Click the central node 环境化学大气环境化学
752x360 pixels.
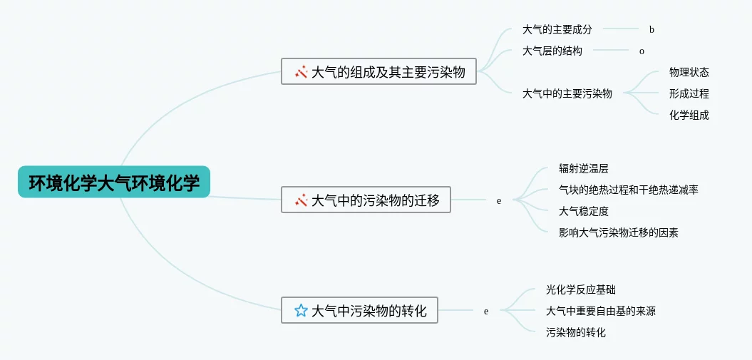coord(114,182)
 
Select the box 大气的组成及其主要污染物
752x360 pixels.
coord(378,71)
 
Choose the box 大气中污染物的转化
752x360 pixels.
coord(359,310)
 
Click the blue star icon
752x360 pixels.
coord(301,311)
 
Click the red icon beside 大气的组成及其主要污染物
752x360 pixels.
coord(301,72)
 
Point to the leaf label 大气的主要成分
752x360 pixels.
coord(557,30)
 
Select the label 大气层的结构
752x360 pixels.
coord(552,51)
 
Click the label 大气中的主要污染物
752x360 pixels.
coord(567,93)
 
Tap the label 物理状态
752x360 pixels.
coord(689,72)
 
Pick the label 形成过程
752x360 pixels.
coord(689,93)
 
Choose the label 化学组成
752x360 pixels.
coord(689,115)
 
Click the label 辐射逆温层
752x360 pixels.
coord(583,169)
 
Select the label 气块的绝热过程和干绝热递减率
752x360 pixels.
coord(628,190)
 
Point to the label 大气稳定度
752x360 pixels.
coord(583,211)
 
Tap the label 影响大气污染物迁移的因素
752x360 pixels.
coord(618,232)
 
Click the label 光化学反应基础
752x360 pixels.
coord(580,289)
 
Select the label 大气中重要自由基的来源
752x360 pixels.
coord(600,311)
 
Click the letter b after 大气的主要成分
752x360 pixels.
coord(651,30)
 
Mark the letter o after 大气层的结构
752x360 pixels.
coord(642,51)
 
